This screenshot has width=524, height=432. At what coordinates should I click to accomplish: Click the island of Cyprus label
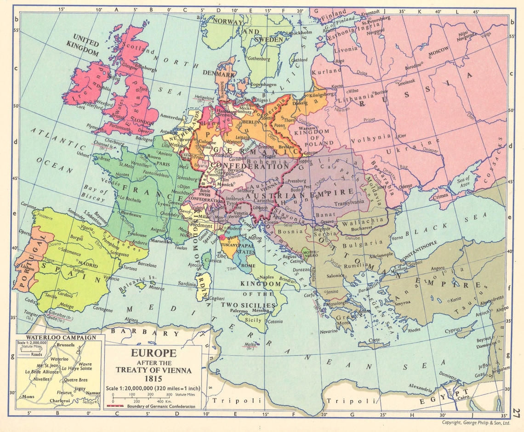(x=453, y=330)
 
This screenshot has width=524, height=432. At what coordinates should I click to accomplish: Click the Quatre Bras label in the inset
(x=74, y=380)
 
